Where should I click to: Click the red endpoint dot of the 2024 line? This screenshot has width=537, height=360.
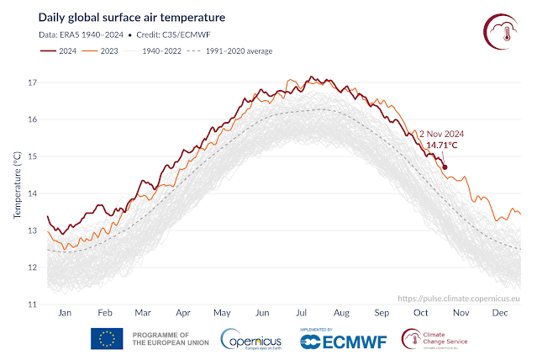click(x=445, y=167)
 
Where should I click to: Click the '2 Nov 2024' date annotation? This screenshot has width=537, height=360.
click(x=441, y=134)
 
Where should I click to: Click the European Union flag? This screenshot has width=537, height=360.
click(x=107, y=340)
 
